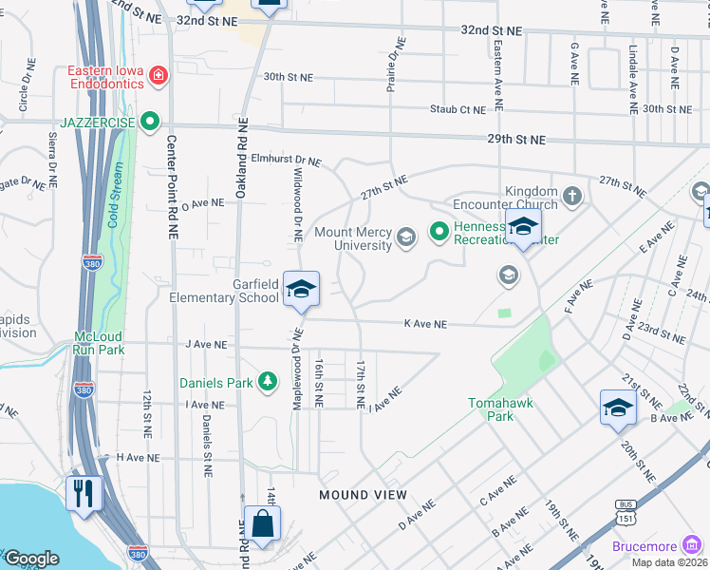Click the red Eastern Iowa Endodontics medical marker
(159, 75)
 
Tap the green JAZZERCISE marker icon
(149, 121)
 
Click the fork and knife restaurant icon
(84, 494)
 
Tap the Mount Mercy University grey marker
(406, 237)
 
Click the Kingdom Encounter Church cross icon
(571, 197)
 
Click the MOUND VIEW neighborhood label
(363, 495)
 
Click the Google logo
(31, 559)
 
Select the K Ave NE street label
(424, 324)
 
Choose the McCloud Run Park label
(99, 342)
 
